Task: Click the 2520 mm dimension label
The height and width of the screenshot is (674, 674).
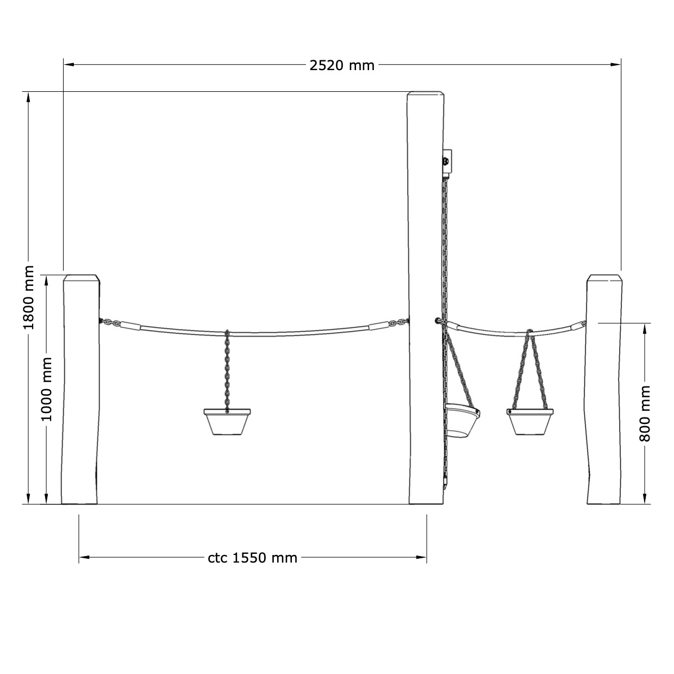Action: pyautogui.click(x=342, y=65)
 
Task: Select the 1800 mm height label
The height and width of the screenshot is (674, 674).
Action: pyautogui.click(x=28, y=298)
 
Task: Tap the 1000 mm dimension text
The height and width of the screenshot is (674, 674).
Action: pyautogui.click(x=46, y=389)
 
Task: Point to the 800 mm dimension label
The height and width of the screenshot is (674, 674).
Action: pyautogui.click(x=645, y=414)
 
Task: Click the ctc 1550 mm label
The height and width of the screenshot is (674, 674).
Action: pyautogui.click(x=253, y=558)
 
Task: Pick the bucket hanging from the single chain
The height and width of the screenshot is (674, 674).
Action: pyautogui.click(x=227, y=421)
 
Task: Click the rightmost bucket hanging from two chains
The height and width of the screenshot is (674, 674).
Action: pyautogui.click(x=530, y=422)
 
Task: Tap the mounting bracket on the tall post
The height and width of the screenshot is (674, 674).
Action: pyautogui.click(x=447, y=164)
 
